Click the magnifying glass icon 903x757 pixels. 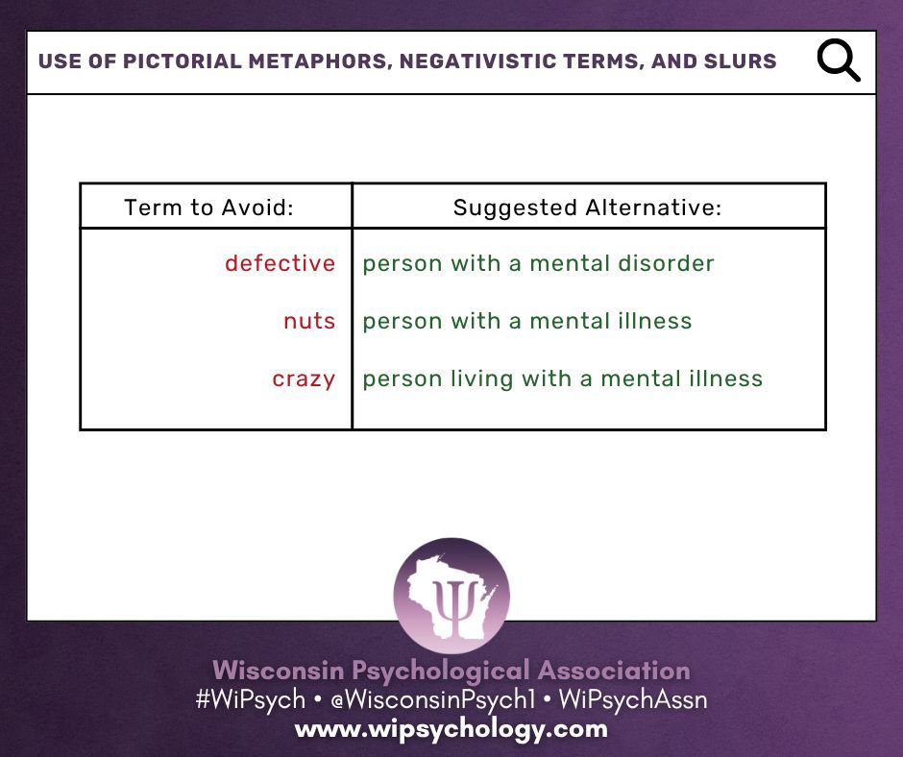(x=838, y=61)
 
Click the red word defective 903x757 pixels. (x=281, y=263)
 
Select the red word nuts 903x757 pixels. (x=309, y=321)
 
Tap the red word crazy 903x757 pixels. (x=304, y=378)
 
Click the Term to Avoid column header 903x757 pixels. (x=208, y=208)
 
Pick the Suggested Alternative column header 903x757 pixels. (x=587, y=208)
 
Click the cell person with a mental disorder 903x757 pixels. (x=538, y=263)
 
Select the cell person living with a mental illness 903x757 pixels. (x=562, y=378)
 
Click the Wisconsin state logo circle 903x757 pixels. (x=451, y=596)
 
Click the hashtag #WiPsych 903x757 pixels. (x=250, y=699)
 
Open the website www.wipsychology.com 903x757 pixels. (x=451, y=728)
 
